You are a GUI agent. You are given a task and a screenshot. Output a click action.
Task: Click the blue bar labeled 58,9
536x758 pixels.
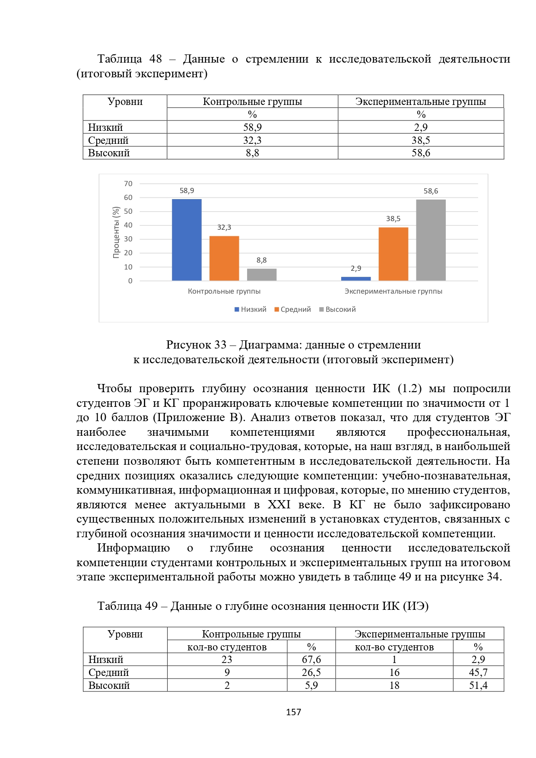tap(187, 240)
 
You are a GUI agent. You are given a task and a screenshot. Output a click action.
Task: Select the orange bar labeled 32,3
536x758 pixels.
tap(224, 258)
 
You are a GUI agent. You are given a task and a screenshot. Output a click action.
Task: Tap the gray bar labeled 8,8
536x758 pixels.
tap(262, 275)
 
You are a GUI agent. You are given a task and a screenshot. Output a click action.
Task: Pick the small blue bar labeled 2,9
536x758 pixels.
tap(356, 279)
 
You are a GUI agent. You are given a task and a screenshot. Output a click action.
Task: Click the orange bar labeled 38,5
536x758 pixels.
tap(393, 254)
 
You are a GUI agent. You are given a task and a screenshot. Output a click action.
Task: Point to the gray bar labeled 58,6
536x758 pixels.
tap(431, 240)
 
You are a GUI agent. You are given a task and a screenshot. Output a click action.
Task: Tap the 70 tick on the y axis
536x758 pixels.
tap(128, 184)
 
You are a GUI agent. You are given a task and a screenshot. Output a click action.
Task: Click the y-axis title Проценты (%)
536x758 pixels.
tap(116, 232)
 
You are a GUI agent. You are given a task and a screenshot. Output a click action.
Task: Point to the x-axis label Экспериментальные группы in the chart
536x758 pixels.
tap(393, 292)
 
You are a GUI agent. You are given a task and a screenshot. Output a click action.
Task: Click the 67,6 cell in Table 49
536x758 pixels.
tap(311, 660)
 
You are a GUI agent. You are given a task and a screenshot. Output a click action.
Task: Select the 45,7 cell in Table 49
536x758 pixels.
tap(478, 672)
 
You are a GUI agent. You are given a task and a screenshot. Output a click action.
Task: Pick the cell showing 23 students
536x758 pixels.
tap(227, 660)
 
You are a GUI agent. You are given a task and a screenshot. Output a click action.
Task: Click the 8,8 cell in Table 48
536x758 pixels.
tap(252, 153)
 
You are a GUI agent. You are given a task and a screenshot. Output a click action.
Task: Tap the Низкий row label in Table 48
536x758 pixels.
tap(106, 127)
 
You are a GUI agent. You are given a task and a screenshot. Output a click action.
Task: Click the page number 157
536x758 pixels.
tap(293, 712)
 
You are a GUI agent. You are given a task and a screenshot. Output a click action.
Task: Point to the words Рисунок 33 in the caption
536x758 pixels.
tap(196, 345)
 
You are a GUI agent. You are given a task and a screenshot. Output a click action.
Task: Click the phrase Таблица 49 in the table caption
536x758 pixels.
tap(127, 606)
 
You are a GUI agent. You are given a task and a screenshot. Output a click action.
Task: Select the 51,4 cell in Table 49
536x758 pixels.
tap(478, 685)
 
